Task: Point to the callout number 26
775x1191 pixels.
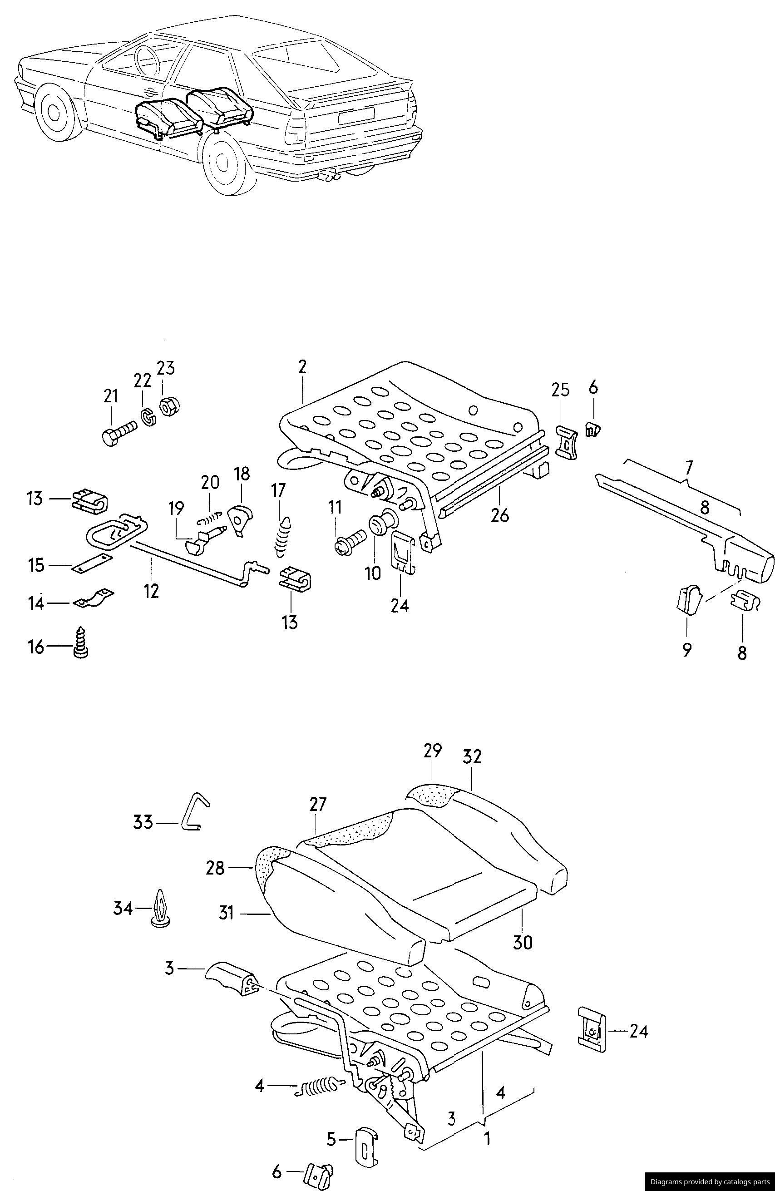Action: [500, 514]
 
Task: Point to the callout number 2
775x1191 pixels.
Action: [302, 367]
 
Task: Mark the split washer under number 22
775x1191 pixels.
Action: [148, 416]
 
